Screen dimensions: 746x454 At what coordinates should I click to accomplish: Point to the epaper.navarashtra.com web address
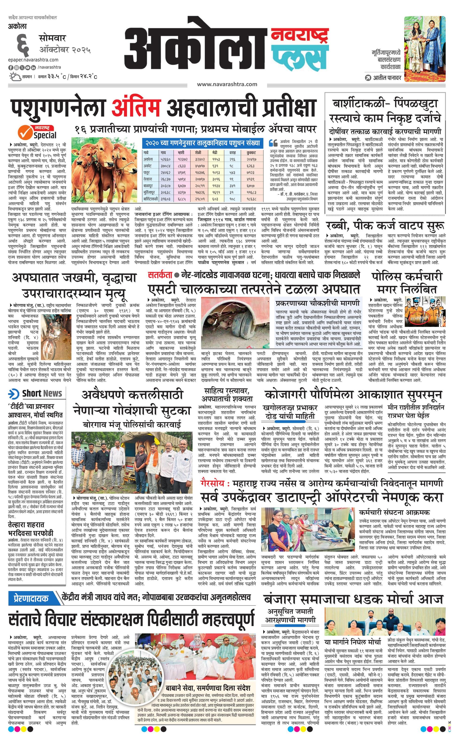(x=33, y=60)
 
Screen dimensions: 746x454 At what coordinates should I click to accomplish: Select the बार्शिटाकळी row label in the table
(x=150, y=199)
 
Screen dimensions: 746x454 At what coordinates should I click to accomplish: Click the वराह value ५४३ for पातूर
(x=232, y=173)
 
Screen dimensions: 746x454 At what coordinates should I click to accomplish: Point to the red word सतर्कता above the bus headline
(x=160, y=275)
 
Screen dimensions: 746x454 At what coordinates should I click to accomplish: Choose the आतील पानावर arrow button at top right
(x=368, y=78)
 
